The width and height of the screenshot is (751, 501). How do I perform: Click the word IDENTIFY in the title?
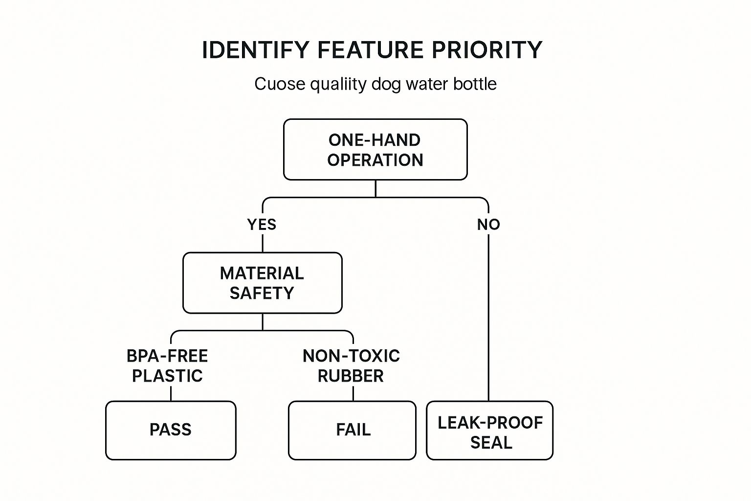(x=256, y=50)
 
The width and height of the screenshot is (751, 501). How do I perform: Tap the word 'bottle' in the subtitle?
(x=474, y=84)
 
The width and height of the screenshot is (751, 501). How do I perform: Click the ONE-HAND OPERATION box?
(x=375, y=150)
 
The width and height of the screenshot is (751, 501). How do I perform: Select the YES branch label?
(x=262, y=225)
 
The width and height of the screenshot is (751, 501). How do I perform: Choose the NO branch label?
(x=488, y=225)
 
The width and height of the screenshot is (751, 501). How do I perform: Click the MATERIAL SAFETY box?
(x=262, y=283)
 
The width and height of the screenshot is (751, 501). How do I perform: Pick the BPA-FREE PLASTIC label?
(x=167, y=365)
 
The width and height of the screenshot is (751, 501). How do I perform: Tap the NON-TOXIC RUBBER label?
(x=351, y=365)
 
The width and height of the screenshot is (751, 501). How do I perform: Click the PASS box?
(x=171, y=430)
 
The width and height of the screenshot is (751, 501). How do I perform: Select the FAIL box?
(x=353, y=430)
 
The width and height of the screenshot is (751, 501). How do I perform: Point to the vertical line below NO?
(x=488, y=318)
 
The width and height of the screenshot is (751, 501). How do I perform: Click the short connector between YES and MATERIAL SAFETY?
(x=263, y=243)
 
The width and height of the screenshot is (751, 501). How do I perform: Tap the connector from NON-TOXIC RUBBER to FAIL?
(x=353, y=393)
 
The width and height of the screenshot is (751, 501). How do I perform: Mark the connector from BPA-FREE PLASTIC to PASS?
(x=171, y=393)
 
